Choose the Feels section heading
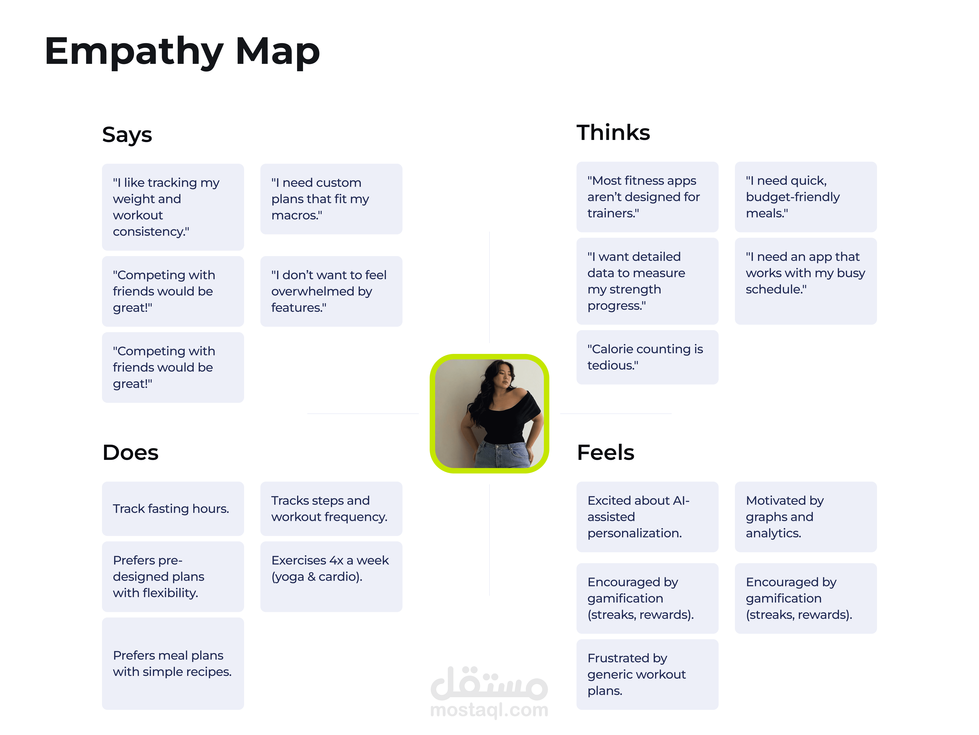pos(605,452)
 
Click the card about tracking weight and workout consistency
pos(173,207)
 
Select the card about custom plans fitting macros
pos(331,199)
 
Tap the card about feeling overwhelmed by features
pos(331,291)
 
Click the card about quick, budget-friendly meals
pos(805,197)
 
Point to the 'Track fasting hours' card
pos(173,509)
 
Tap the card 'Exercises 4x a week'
pos(331,576)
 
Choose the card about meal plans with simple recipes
pos(173,663)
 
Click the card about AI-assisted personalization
pos(647,517)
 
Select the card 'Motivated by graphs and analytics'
pos(805,517)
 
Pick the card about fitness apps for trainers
pos(647,197)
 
